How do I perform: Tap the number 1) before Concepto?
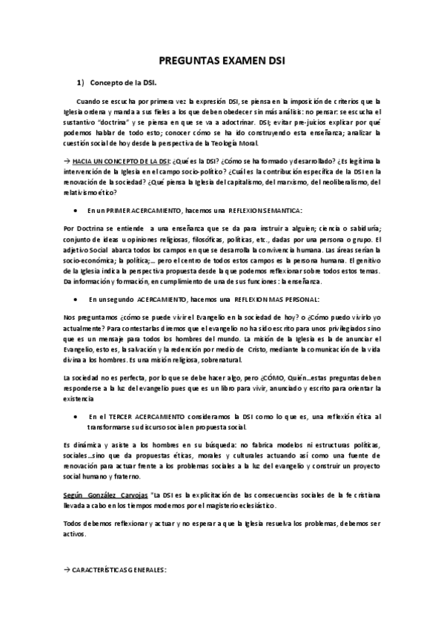point(84,83)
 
